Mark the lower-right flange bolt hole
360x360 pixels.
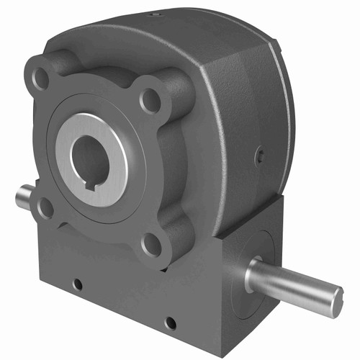[151, 245]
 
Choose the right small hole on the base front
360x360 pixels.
[170, 323]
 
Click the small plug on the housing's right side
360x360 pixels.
[260, 154]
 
